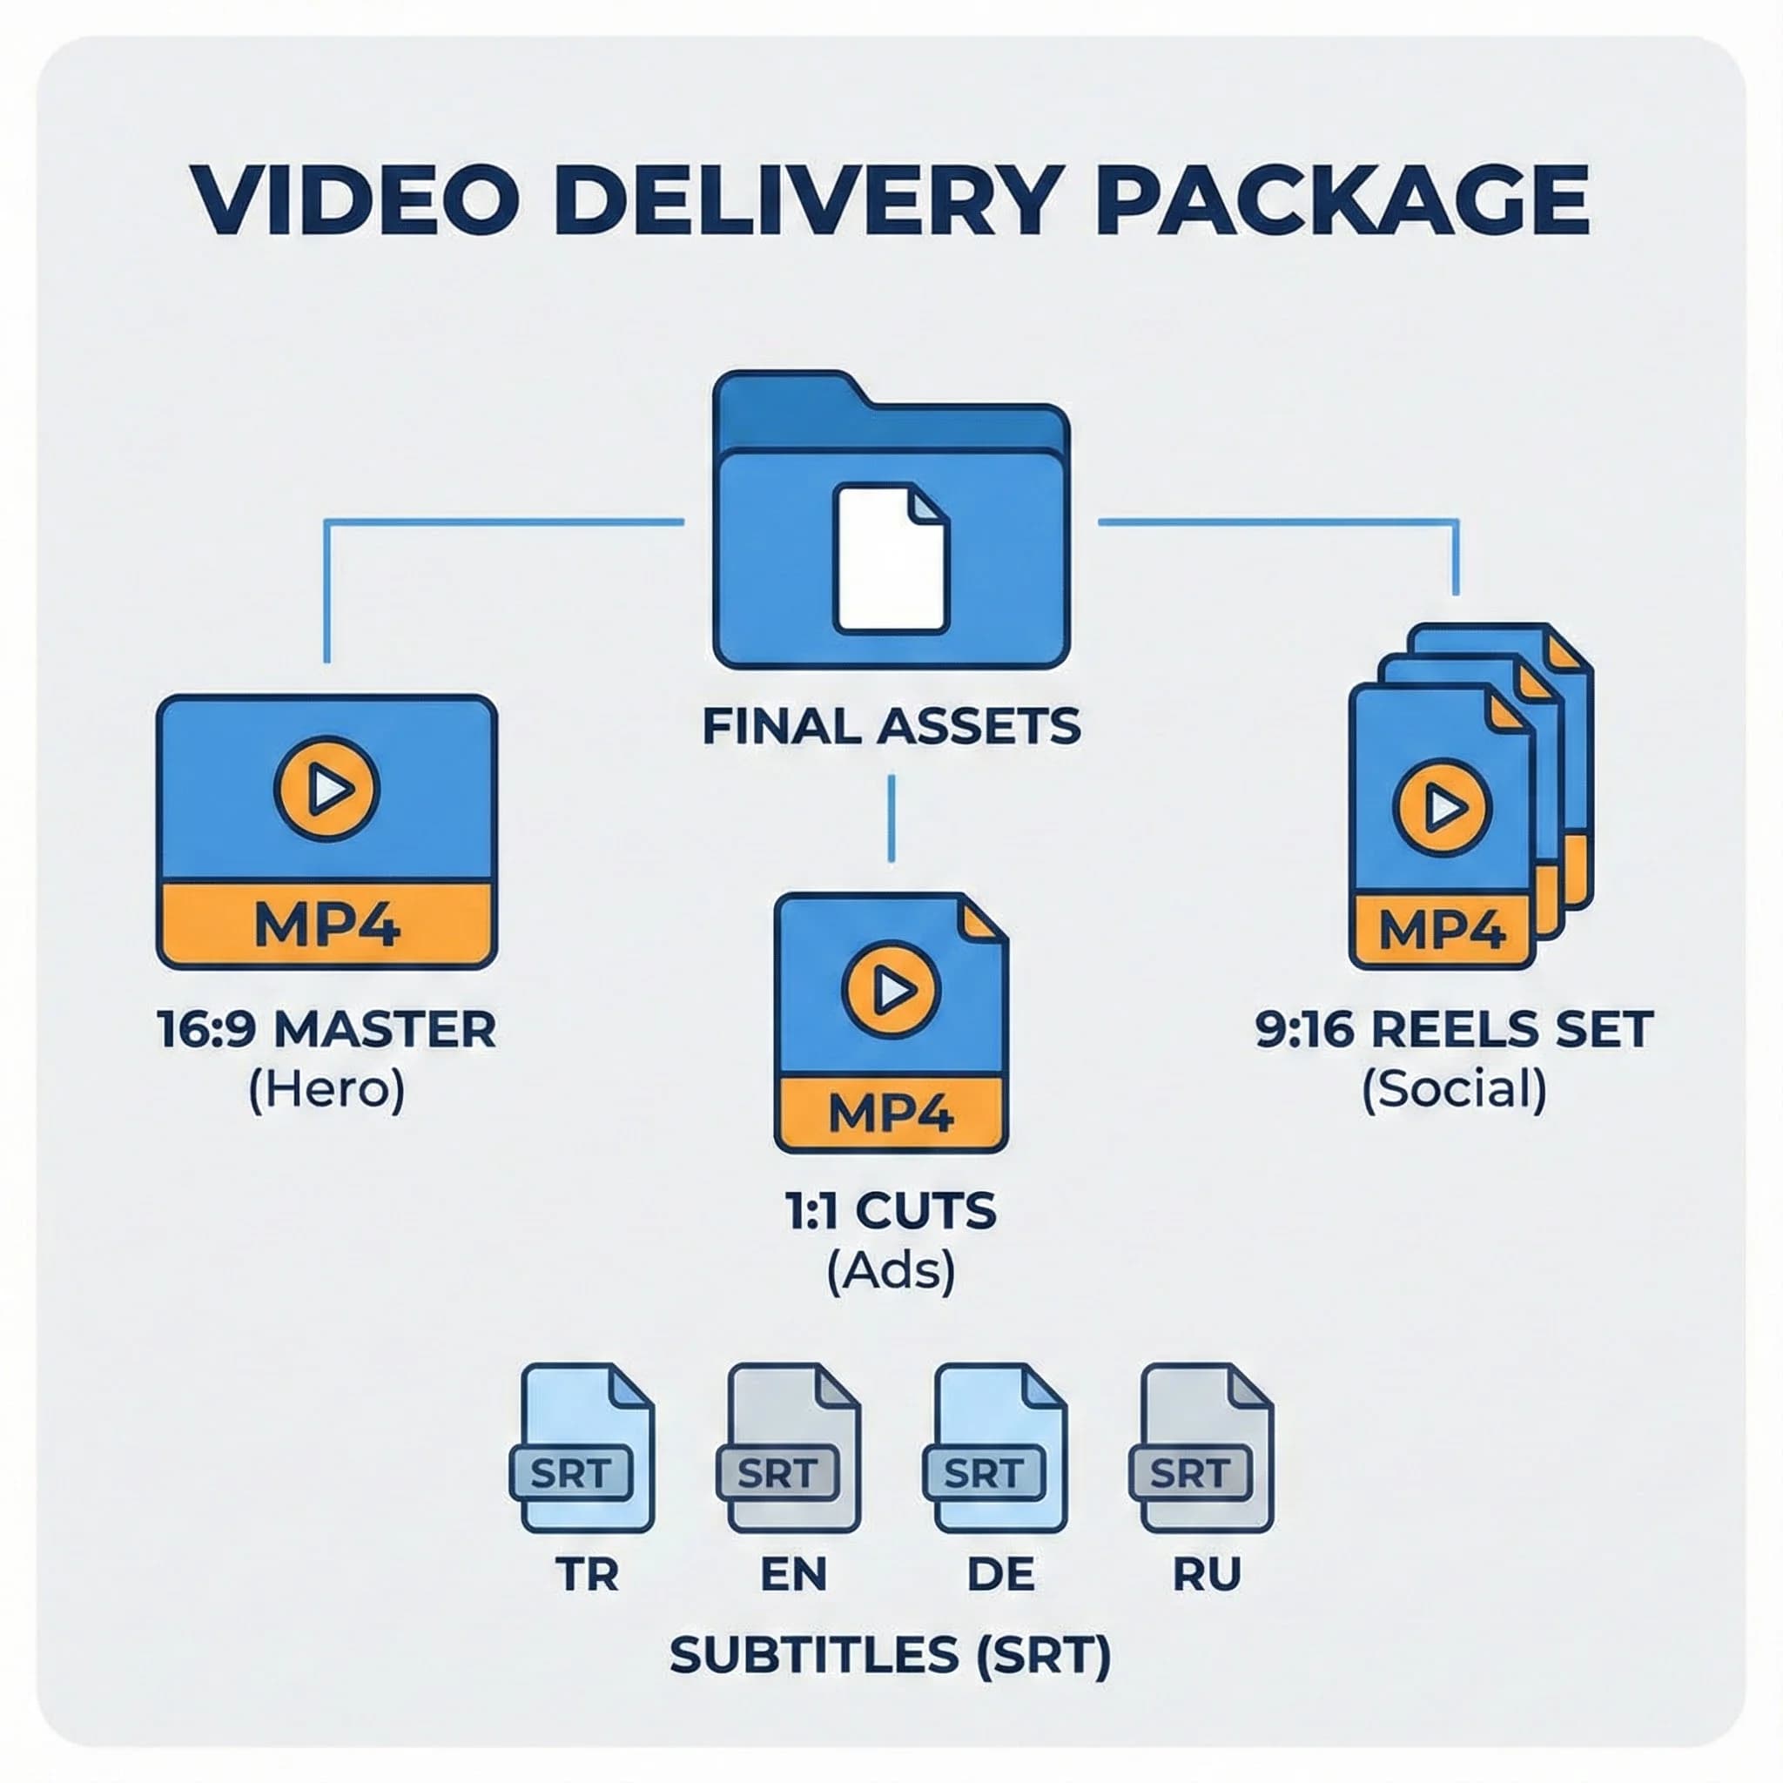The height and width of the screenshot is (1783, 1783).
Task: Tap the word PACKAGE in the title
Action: point(1343,200)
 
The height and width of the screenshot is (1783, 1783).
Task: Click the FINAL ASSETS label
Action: point(891,726)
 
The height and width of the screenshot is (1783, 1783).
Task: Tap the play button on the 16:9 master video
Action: point(326,788)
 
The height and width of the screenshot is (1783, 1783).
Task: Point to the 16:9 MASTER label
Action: point(326,1029)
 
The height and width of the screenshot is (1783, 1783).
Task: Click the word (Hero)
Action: point(326,1090)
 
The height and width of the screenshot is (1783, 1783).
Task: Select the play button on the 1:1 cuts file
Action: point(891,989)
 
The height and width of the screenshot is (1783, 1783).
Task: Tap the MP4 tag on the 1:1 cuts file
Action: point(891,1113)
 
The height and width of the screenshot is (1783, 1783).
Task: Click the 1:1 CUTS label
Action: point(891,1211)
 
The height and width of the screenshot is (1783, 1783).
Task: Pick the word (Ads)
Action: point(891,1271)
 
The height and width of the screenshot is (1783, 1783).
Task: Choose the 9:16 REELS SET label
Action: point(1454,1029)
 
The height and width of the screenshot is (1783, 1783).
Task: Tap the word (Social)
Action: point(1454,1090)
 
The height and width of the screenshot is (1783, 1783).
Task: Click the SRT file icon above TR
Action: point(585,1448)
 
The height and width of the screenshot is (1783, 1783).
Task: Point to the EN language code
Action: point(793,1573)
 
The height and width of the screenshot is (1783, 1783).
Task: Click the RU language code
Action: point(1206,1573)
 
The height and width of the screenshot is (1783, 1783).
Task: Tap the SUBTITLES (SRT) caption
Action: point(891,1655)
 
